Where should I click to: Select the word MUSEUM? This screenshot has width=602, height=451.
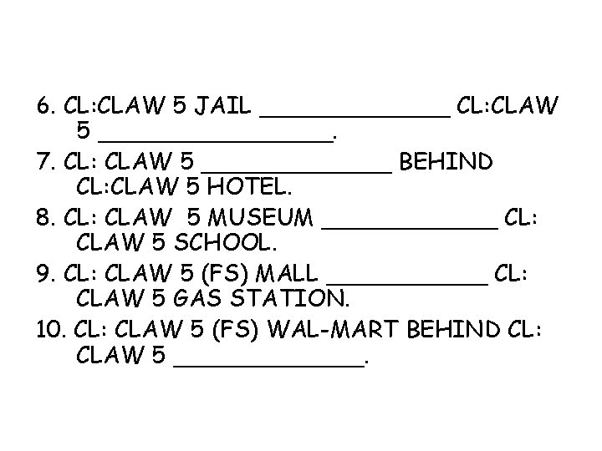coord(263,218)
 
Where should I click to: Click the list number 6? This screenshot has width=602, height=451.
coord(45,106)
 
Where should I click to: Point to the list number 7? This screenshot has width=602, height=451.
coord(45,161)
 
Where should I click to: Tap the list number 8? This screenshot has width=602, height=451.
coord(45,218)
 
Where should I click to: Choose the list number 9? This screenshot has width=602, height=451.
coord(45,273)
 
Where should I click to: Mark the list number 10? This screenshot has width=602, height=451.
coord(49,329)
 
